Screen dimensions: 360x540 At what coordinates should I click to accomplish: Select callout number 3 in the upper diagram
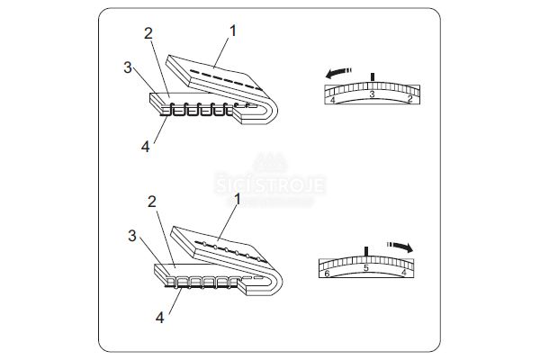pyautogui.click(x=129, y=67)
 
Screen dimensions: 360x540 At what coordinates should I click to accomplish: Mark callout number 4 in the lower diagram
pyautogui.click(x=160, y=317)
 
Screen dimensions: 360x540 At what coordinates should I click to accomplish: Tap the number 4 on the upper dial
pyautogui.click(x=334, y=100)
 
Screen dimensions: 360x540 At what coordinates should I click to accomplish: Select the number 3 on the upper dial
pyautogui.click(x=372, y=93)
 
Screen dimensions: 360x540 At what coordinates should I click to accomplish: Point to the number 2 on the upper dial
pyautogui.click(x=409, y=100)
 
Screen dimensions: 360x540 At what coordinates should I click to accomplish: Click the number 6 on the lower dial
pyautogui.click(x=327, y=273)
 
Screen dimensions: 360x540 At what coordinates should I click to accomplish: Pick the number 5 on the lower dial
pyautogui.click(x=365, y=268)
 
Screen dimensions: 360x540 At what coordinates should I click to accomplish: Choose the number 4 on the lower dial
pyautogui.click(x=403, y=273)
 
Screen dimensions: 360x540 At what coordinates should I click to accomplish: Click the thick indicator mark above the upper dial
pyautogui.click(x=372, y=75)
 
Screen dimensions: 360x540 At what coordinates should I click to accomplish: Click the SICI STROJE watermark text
pyautogui.click(x=269, y=184)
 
